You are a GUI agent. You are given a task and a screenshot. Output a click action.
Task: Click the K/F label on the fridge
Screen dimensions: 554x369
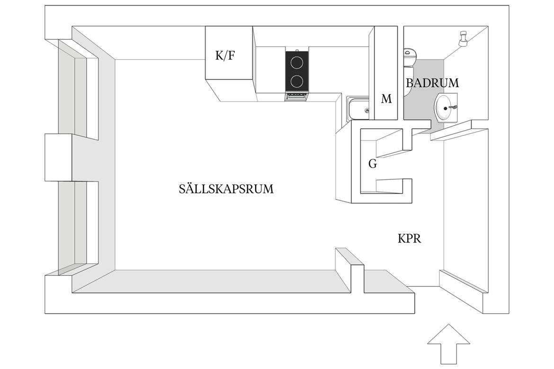[225, 55]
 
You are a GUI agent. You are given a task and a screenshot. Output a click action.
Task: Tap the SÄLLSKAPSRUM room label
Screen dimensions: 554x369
[226, 189]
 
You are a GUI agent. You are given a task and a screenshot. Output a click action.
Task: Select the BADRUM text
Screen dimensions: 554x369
[432, 83]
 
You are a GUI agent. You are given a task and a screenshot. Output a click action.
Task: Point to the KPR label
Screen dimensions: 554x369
[410, 239]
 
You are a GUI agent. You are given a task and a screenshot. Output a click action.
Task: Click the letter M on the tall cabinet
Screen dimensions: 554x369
[386, 99]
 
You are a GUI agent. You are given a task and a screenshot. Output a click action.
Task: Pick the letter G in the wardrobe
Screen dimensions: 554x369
[372, 164]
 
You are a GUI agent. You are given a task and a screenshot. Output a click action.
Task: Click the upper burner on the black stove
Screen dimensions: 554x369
[297, 64]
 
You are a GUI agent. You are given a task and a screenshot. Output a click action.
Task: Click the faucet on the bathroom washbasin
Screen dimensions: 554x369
[453, 106]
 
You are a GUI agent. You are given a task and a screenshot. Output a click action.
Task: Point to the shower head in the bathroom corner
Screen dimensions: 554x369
[463, 38]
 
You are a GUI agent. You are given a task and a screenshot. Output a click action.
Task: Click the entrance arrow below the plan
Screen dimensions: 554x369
[449, 344]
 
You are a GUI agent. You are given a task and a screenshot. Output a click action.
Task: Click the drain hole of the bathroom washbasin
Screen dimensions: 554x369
[445, 108]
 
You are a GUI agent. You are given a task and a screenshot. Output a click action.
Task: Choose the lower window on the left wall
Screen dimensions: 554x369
[79, 226]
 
